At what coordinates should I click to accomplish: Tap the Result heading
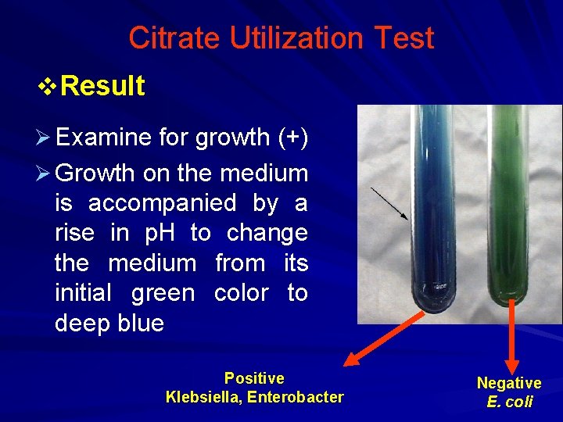tap(102, 86)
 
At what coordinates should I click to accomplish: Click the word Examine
tap(103, 138)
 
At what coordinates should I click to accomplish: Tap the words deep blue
tap(109, 324)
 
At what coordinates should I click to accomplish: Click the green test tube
tap(508, 211)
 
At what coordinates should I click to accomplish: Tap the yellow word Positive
tap(254, 378)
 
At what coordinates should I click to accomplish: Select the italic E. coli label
tap(509, 402)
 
